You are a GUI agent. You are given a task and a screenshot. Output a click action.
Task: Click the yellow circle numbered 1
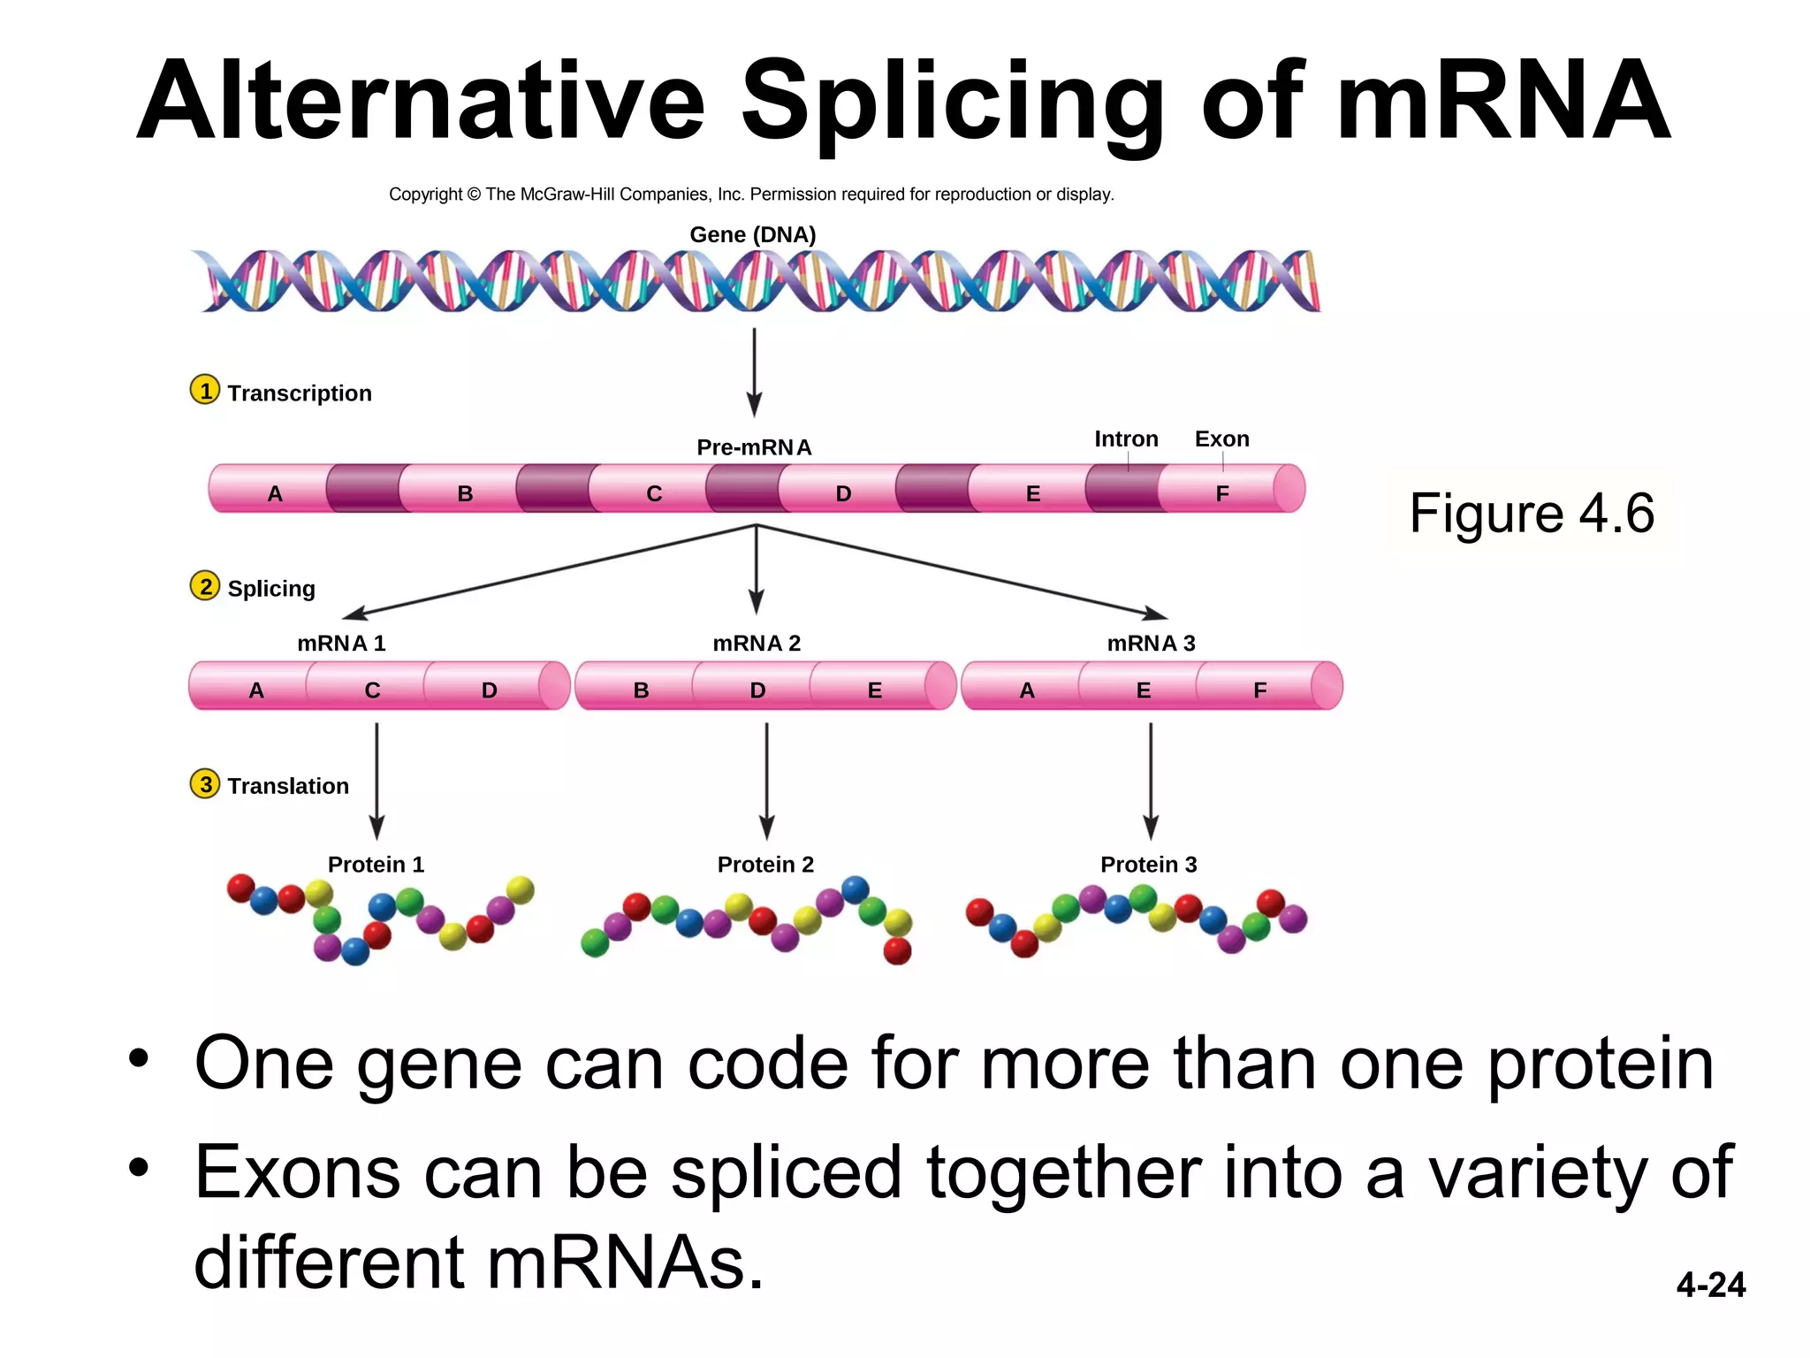point(205,390)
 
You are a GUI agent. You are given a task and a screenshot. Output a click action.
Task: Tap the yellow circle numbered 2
point(205,585)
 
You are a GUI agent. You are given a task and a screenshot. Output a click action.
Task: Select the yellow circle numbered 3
point(205,783)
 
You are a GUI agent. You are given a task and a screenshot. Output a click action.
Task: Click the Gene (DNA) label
point(752,234)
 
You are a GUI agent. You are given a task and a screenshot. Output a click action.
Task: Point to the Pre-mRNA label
point(754,447)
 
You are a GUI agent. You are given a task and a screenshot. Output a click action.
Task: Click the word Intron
point(1126,439)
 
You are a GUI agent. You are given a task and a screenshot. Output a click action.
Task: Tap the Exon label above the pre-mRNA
point(1221,439)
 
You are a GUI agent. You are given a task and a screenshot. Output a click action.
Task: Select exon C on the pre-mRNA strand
point(654,492)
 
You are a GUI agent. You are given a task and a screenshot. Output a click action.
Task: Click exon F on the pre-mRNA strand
point(1222,492)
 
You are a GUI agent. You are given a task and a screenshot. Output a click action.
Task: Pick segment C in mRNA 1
point(372,690)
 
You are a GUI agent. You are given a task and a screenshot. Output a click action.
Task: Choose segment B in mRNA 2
point(642,690)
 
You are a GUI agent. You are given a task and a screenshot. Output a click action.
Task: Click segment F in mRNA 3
point(1260,690)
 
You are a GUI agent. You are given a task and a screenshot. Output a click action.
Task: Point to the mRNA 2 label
point(757,643)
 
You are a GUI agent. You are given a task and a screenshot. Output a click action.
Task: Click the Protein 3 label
point(1148,864)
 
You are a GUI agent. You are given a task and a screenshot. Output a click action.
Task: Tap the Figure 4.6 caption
point(1532,513)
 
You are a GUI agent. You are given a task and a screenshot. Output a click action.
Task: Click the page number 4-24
point(1710,1285)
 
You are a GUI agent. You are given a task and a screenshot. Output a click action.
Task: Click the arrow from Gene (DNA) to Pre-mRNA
point(754,371)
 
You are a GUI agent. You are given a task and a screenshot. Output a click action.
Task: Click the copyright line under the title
point(751,195)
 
